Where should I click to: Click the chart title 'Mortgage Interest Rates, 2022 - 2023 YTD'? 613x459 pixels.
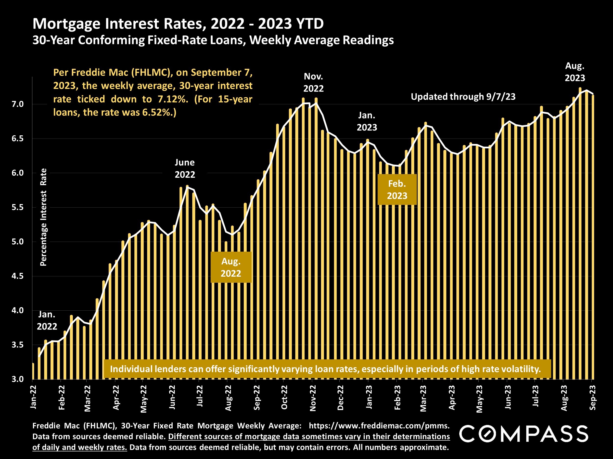[x=178, y=24]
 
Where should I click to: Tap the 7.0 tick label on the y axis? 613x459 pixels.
[x=18, y=104]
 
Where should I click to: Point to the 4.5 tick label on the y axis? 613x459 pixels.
[x=18, y=276]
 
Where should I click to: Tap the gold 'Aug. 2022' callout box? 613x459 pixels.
[x=231, y=267]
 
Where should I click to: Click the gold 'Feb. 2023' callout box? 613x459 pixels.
[x=397, y=189]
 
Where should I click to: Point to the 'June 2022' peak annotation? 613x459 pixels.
[x=185, y=168]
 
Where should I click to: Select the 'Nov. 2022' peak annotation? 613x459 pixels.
[x=313, y=82]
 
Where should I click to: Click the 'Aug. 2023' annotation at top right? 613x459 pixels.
[x=575, y=72]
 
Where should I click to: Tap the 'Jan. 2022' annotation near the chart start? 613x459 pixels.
[x=47, y=320]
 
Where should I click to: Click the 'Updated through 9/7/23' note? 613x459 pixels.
[x=463, y=96]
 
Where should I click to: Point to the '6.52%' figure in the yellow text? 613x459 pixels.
[x=158, y=112]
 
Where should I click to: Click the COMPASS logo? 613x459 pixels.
[x=524, y=434]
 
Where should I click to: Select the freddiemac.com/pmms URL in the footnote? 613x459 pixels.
[x=379, y=425]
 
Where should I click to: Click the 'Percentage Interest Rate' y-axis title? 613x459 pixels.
[x=43, y=217]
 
